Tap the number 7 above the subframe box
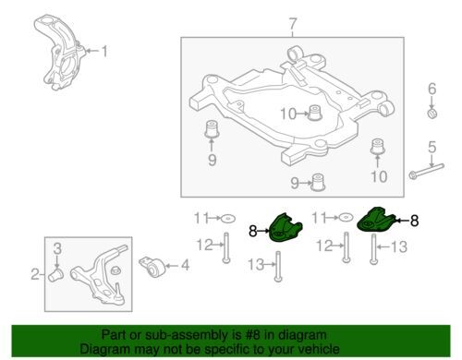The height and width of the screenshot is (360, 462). (292, 25)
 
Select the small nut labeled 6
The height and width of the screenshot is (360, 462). (432, 114)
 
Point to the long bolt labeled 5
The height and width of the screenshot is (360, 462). (427, 172)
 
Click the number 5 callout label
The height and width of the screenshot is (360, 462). (432, 148)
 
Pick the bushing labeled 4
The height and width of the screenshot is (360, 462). (154, 267)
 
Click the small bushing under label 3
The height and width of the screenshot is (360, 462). (55, 275)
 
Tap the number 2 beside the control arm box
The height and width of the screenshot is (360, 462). (35, 274)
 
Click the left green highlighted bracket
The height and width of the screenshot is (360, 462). (286, 228)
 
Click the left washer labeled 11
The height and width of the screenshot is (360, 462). (228, 219)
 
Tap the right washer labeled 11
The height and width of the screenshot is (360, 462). (346, 218)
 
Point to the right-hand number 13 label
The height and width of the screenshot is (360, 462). (399, 246)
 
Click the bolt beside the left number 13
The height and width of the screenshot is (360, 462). (278, 267)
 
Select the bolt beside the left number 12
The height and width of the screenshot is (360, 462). (226, 247)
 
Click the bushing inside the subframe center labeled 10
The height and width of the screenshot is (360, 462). (315, 113)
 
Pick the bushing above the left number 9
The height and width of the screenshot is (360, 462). (212, 129)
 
